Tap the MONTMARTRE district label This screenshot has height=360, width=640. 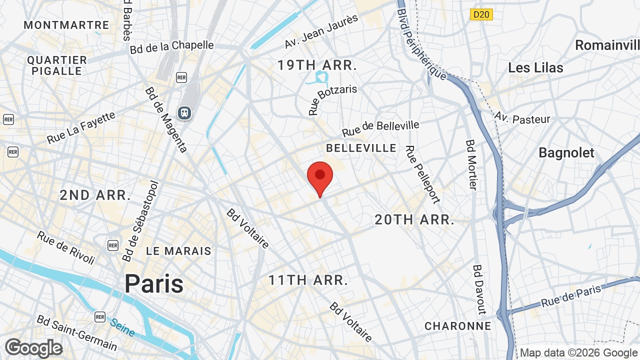tap(66, 25)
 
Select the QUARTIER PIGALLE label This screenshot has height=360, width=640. tap(57, 65)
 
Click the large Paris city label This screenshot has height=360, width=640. tap(154, 283)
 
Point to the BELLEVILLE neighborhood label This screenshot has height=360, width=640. tap(361, 148)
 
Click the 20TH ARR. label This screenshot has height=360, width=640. tap(414, 219)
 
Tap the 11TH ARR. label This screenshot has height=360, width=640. tap(308, 280)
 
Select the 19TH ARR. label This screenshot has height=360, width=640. tap(317, 65)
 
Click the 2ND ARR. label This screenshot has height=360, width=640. tap(95, 195)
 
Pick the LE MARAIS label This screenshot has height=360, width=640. tap(178, 251)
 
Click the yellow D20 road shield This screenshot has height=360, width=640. tap(481, 14)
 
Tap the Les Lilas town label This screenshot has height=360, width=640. tap(535, 67)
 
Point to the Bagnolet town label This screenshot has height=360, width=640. tap(566, 153)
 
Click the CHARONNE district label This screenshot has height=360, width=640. tap(458, 326)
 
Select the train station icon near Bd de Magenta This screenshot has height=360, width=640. tap(185, 113)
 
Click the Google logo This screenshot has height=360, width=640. tap(33, 348)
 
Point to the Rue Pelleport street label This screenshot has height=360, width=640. tap(423, 174)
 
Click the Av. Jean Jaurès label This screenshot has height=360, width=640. tap(321, 31)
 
